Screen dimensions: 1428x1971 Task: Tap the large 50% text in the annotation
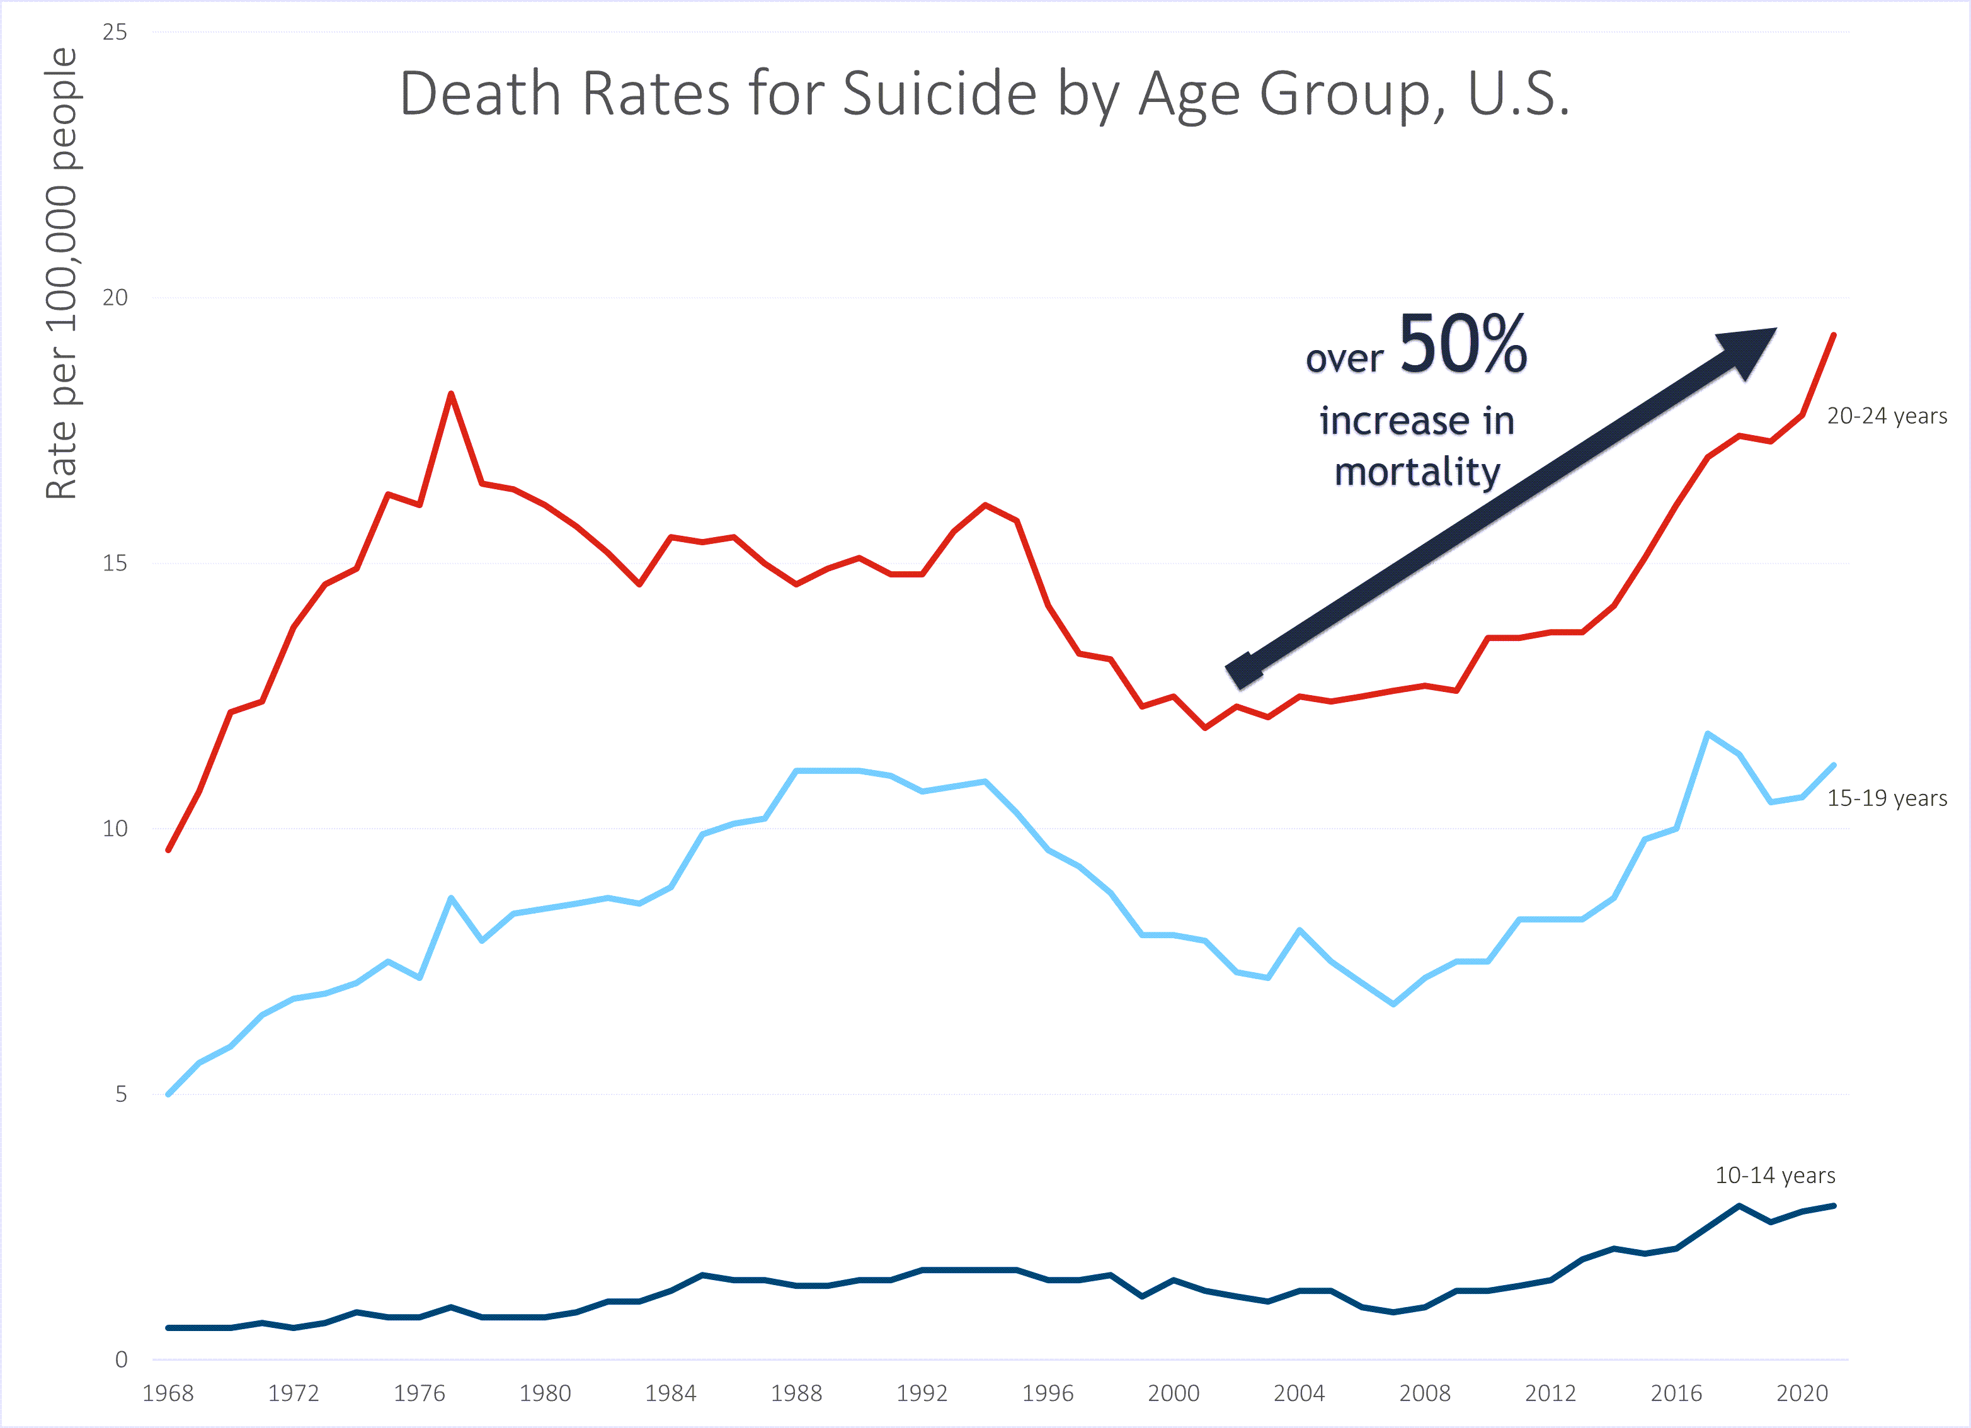click(1463, 346)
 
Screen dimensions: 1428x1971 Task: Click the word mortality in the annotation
click(1417, 472)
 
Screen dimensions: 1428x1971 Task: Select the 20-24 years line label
click(1887, 416)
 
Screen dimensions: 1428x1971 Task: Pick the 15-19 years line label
click(1887, 798)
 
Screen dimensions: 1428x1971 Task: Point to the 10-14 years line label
click(1774, 1176)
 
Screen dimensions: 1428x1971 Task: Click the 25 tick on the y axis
click(115, 32)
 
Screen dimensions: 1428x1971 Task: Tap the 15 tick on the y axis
click(115, 563)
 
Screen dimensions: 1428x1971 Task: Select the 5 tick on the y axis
click(121, 1094)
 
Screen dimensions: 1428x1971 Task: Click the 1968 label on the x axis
click(168, 1393)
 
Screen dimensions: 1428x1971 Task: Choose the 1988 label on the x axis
click(796, 1393)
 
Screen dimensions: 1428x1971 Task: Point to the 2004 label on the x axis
click(1298, 1393)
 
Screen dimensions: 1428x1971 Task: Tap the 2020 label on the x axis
click(1802, 1393)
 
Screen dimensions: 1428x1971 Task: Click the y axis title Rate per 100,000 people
click(61, 274)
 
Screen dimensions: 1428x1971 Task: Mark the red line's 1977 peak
click(451, 394)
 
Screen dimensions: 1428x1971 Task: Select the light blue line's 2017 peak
click(1708, 734)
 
